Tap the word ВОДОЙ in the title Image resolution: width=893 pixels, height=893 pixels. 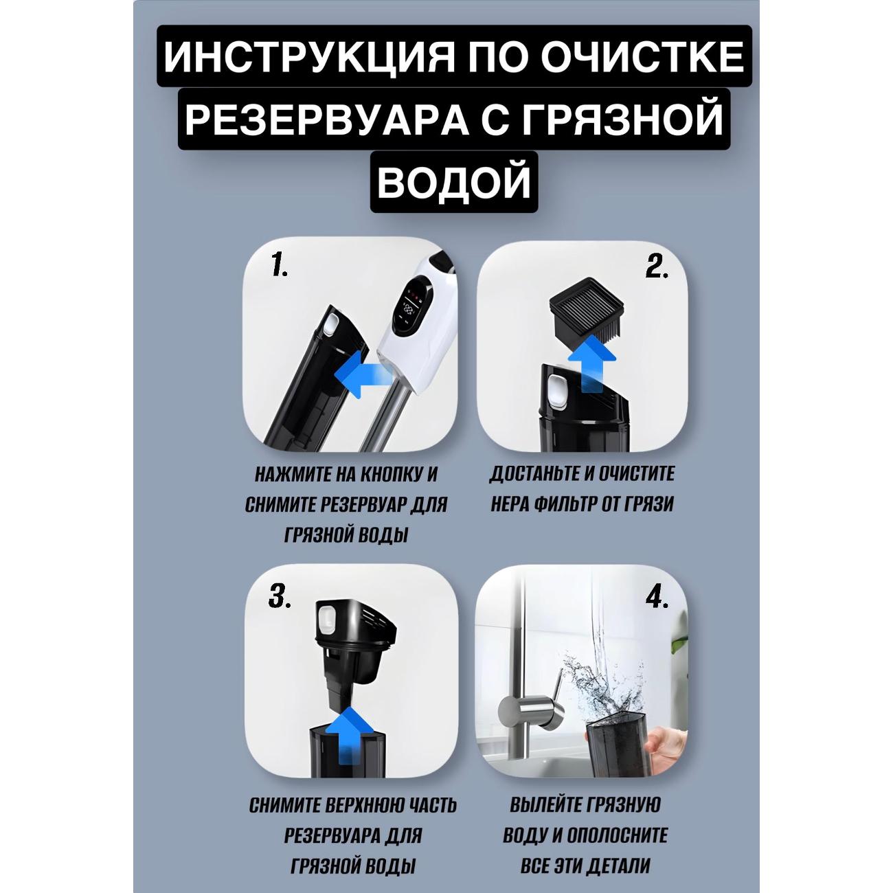click(x=453, y=181)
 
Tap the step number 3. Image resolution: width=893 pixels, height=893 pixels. click(x=280, y=598)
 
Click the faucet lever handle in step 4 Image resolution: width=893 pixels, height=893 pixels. click(x=559, y=684)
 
